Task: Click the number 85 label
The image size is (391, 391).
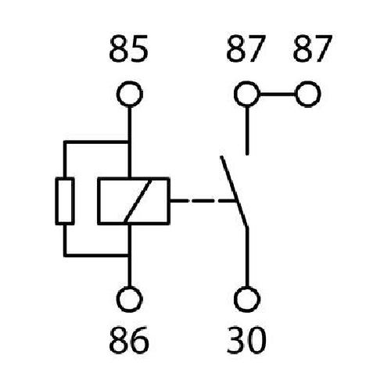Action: coord(128,48)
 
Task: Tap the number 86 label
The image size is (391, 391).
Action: coord(129,339)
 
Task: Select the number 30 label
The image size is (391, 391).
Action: coord(246,339)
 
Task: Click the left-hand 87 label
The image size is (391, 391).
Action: coord(246,48)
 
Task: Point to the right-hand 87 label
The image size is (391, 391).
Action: coord(313,48)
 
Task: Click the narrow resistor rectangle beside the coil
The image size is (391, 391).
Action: coord(56,201)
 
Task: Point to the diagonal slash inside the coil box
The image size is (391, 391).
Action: coord(138,201)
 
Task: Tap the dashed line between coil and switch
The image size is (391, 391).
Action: coord(203,201)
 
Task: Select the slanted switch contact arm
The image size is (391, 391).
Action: coord(234,192)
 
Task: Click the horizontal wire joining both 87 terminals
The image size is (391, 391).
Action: coord(278,94)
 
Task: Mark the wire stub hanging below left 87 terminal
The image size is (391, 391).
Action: coord(247,131)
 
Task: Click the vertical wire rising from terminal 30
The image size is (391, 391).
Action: coord(247,256)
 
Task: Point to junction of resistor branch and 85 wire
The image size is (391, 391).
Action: coord(129,142)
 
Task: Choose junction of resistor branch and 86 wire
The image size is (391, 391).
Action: coord(129,255)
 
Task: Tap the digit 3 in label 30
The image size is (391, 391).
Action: coord(235,339)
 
